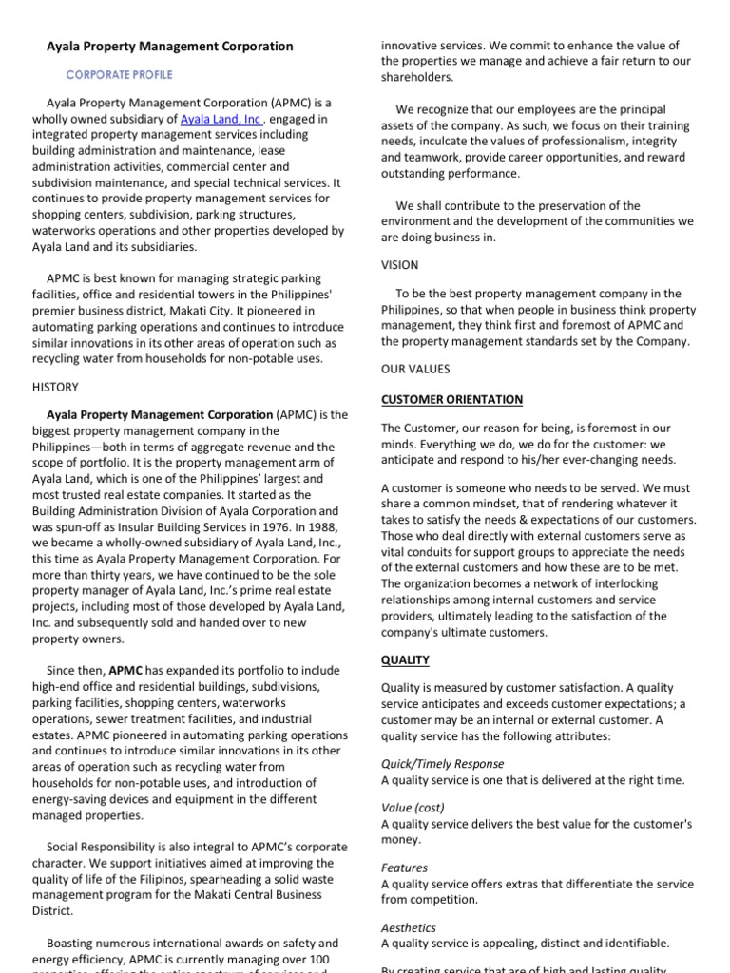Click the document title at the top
[171, 46]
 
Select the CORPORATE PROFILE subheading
[119, 74]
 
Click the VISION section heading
[400, 265]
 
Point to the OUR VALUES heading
[416, 369]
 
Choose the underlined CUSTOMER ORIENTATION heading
[451, 399]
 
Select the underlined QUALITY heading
[405, 659]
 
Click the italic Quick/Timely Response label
[442, 764]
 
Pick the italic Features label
[405, 868]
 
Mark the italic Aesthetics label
[409, 927]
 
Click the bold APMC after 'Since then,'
[125, 670]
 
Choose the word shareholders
[418, 77]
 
